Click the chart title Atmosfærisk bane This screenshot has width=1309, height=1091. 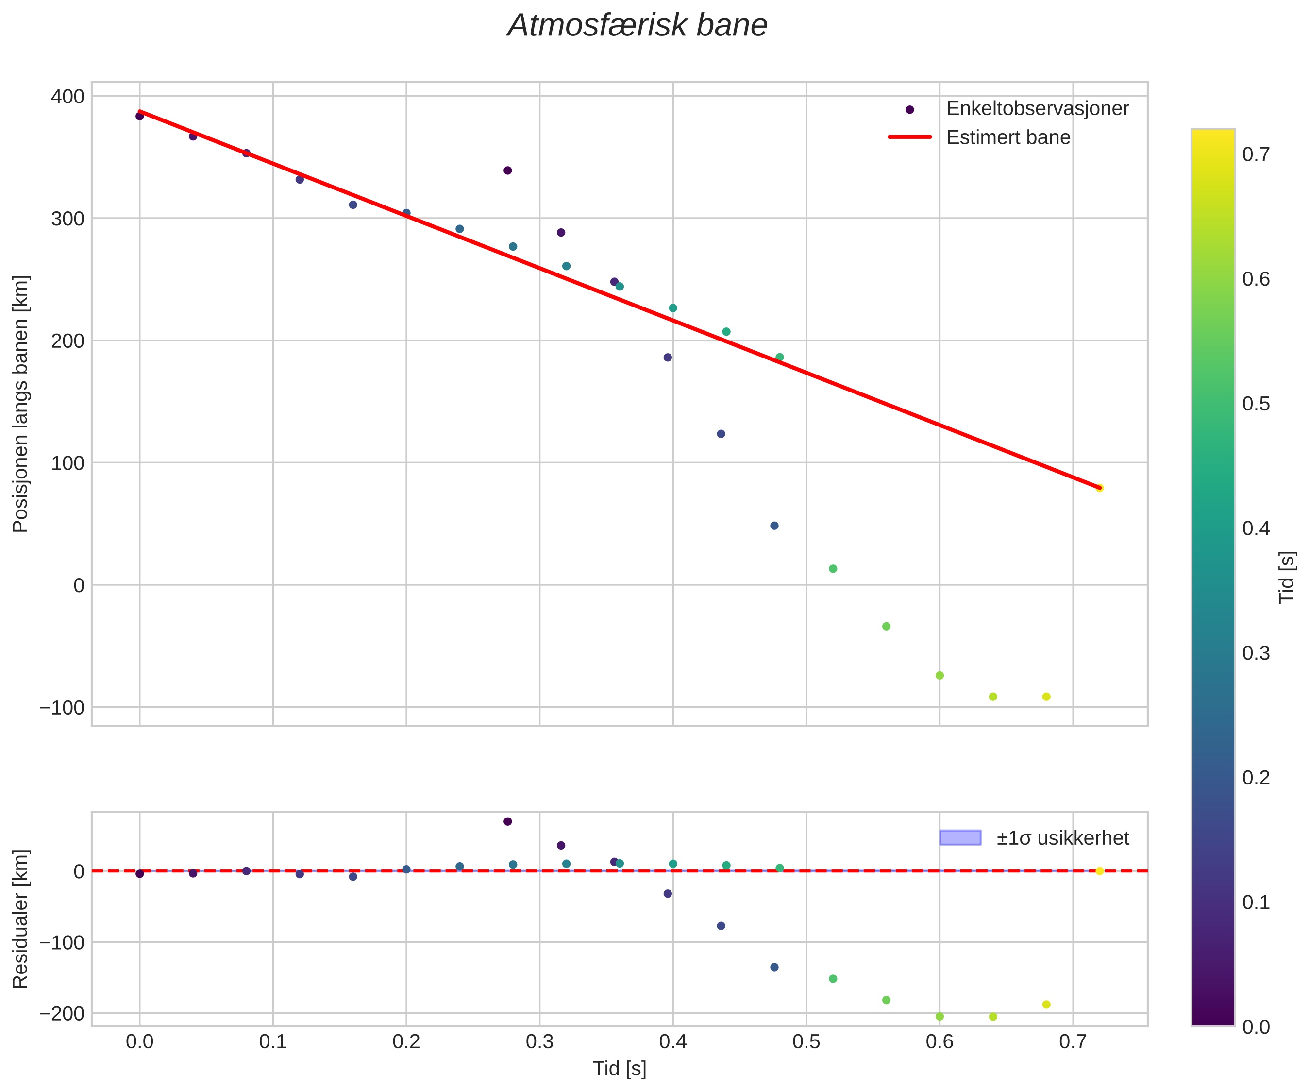[637, 26]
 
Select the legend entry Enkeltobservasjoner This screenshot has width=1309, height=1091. [1037, 108]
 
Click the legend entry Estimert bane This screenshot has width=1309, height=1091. [1008, 137]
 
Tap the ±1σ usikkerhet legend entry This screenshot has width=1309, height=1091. [1062, 838]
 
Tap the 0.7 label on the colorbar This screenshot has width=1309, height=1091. [1256, 154]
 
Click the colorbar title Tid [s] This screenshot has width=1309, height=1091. [1287, 577]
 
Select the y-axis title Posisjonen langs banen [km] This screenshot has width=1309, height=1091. [20, 404]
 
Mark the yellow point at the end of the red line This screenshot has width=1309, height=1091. [1100, 488]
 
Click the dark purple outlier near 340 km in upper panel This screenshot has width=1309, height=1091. [507, 170]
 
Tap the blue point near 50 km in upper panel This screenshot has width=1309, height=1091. [774, 526]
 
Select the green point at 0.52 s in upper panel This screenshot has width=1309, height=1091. [833, 569]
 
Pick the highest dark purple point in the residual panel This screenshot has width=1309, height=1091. [507, 821]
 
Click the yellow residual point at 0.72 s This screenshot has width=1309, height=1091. [1100, 871]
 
